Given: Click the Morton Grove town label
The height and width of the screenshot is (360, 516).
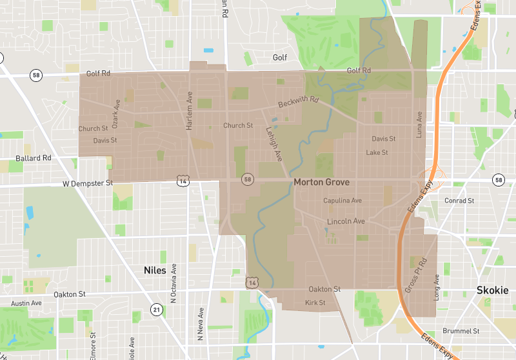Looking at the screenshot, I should [x=321, y=183].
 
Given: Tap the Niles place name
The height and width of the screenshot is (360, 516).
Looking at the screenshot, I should [x=155, y=270].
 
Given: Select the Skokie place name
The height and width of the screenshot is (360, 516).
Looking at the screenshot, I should [x=492, y=290].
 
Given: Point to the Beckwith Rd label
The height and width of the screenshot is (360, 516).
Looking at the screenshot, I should [x=299, y=102].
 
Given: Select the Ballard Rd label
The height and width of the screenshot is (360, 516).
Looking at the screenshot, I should [x=34, y=158].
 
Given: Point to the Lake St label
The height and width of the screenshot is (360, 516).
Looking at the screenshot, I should [x=377, y=153].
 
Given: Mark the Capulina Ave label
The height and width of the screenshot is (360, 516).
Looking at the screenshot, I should [x=342, y=201].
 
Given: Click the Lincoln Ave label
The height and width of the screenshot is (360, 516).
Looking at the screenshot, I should [x=346, y=221].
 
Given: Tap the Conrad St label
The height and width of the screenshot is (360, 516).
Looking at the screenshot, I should [x=459, y=201].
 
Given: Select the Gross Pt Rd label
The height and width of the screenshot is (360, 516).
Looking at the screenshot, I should [x=415, y=276].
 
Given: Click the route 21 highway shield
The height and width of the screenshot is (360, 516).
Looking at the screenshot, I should [x=157, y=310].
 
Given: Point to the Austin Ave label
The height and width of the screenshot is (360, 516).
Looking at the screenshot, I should [x=26, y=303].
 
